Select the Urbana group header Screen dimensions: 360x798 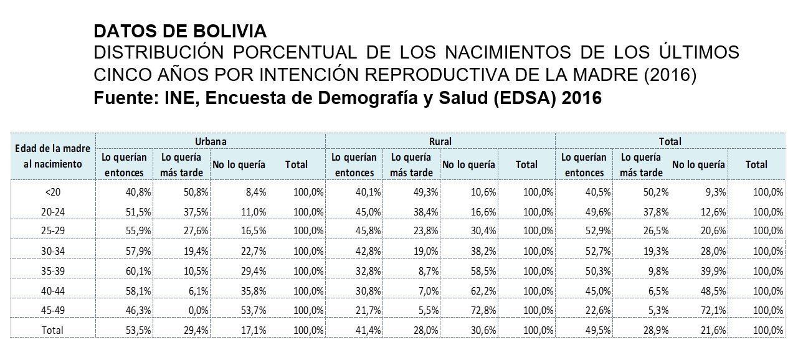211,141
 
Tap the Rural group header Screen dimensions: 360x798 440,141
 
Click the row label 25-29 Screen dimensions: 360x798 52,230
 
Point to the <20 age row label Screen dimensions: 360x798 52,192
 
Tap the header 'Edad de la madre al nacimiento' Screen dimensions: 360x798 53,156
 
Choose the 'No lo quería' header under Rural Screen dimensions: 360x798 468,165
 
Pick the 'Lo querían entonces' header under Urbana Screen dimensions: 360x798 124,165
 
